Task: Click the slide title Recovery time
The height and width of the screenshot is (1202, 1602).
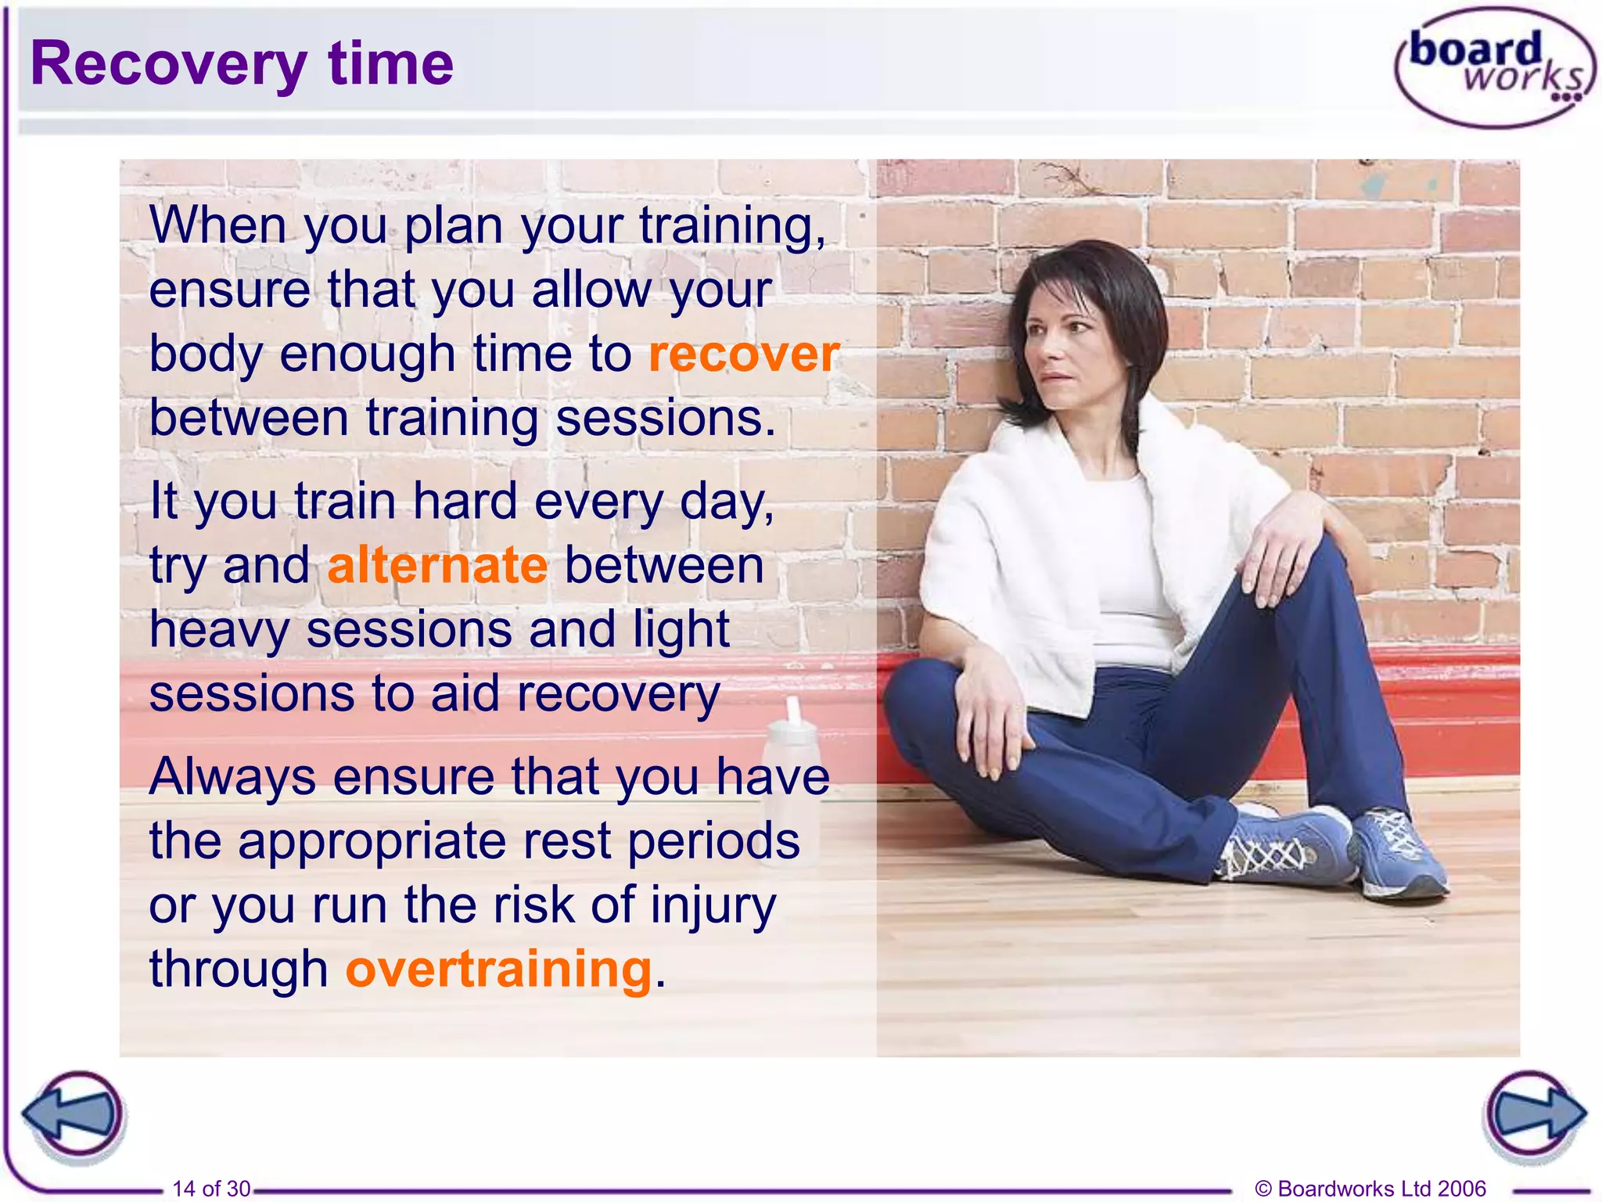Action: click(242, 64)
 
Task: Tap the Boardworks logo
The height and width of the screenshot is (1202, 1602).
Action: click(1495, 69)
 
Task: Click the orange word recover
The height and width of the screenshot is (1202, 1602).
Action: click(744, 354)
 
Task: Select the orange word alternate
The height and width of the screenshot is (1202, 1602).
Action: click(437, 566)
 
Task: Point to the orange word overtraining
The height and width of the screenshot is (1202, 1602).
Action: click(499, 970)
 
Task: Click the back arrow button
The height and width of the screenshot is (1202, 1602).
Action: click(74, 1114)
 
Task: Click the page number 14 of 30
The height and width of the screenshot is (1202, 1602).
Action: click(211, 1188)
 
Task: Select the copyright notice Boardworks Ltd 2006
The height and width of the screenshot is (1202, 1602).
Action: click(1370, 1188)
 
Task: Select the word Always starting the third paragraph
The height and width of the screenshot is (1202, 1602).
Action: click(232, 777)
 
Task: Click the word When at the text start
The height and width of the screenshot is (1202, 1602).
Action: click(218, 225)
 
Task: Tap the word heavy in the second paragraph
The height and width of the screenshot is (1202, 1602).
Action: click(218, 631)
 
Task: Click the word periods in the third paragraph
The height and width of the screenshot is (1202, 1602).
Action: click(713, 842)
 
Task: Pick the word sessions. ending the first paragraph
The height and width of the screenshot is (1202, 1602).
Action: click(666, 419)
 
